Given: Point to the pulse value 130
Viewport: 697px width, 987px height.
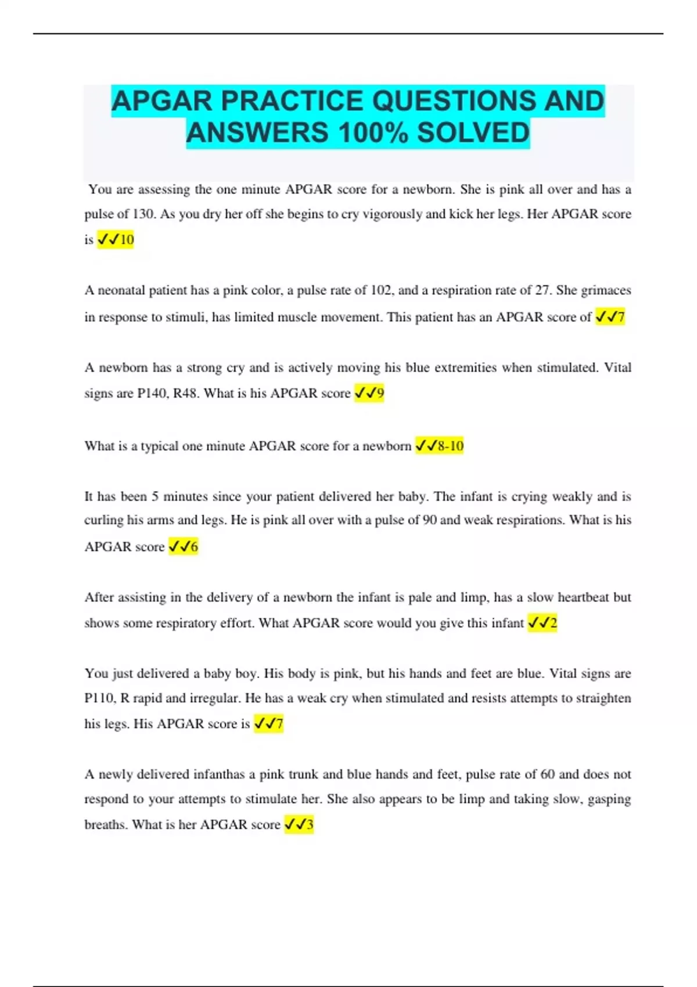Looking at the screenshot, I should (143, 214).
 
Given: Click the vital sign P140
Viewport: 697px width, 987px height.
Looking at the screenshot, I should (152, 394).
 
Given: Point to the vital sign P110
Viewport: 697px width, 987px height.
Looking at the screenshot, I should (99, 698).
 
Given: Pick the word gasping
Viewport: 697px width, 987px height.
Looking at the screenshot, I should (609, 799).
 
